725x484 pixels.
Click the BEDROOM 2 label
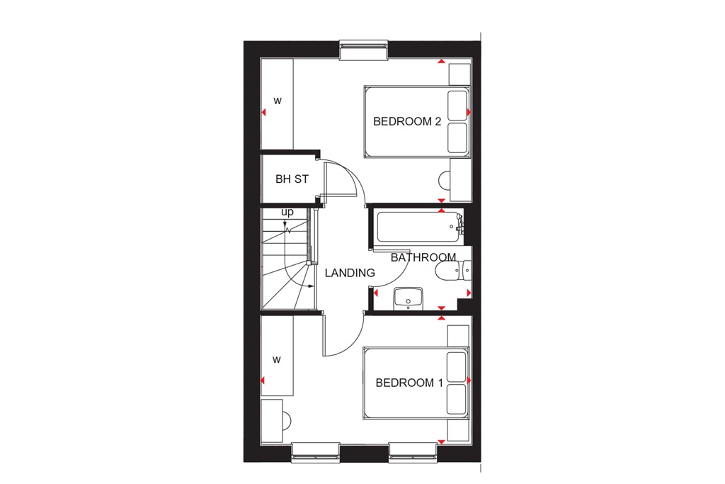click(x=407, y=122)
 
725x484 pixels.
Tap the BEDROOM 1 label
click(x=409, y=383)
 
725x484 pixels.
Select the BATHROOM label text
click(x=423, y=257)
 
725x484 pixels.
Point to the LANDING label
click(x=350, y=273)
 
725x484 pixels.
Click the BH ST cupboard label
click(x=292, y=179)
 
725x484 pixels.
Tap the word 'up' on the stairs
click(x=287, y=212)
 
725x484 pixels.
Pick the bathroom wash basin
click(x=408, y=298)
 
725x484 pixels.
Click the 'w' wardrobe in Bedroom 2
click(x=278, y=101)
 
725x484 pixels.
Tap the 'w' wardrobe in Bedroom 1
click(x=277, y=360)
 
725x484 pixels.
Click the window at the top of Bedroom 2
click(x=364, y=50)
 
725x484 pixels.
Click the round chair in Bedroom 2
click(x=444, y=180)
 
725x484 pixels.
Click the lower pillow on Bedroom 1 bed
click(x=457, y=401)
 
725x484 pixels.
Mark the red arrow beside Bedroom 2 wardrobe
click(x=263, y=113)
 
